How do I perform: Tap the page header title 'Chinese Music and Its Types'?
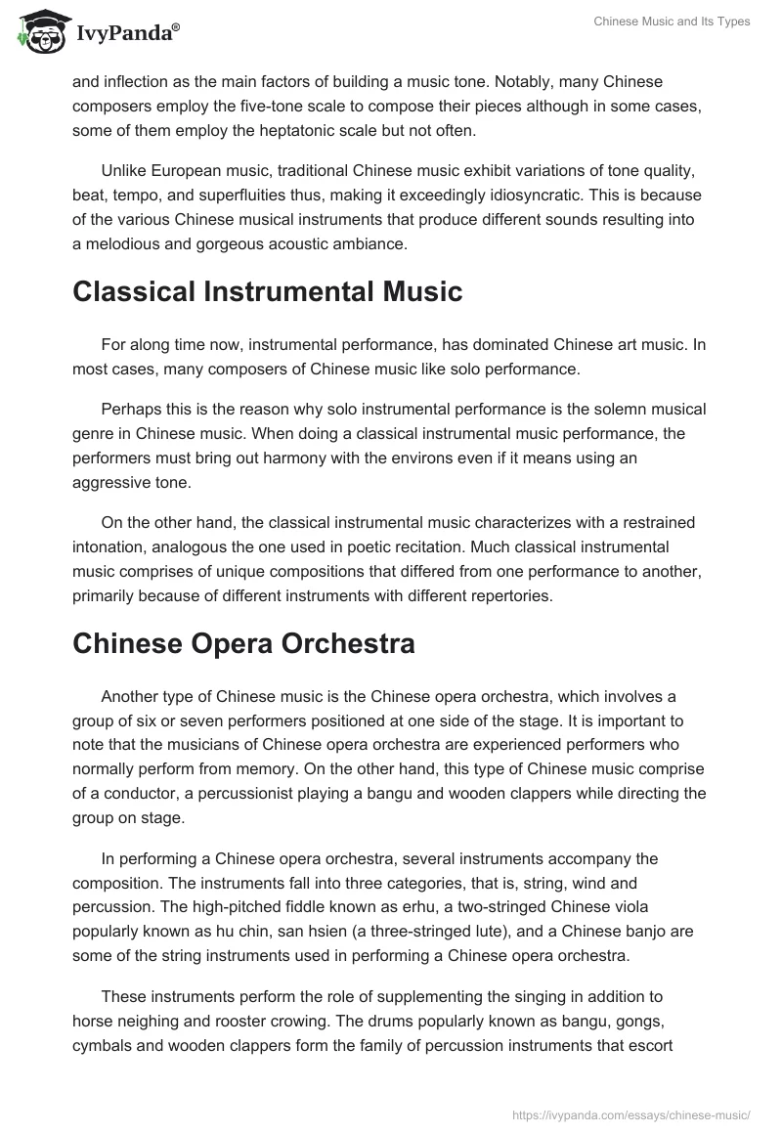[x=672, y=22]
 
